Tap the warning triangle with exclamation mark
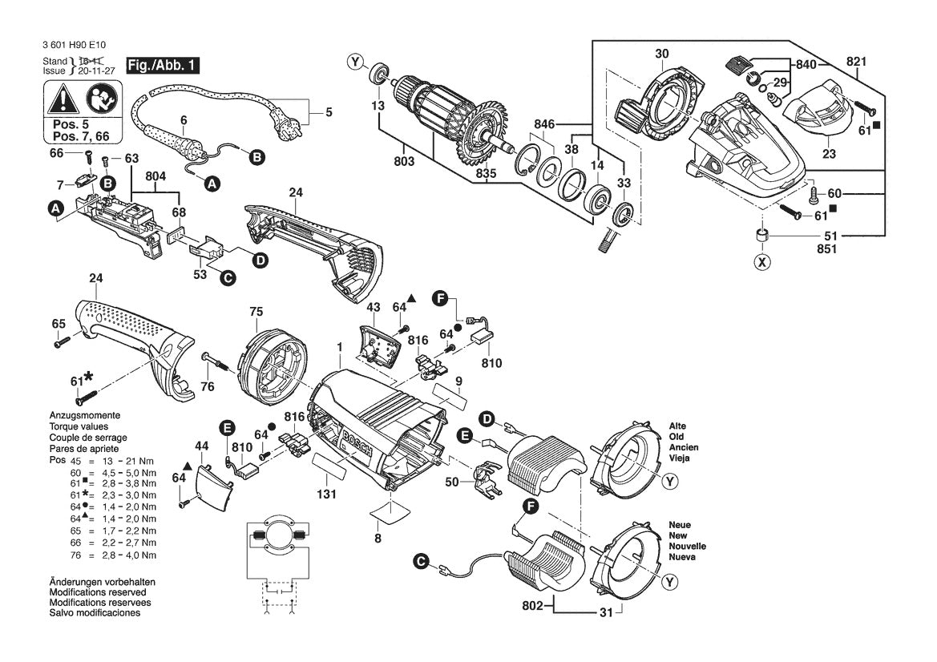63,100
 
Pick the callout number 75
256,312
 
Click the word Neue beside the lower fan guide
680,525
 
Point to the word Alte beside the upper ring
678,426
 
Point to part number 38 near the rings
571,149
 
